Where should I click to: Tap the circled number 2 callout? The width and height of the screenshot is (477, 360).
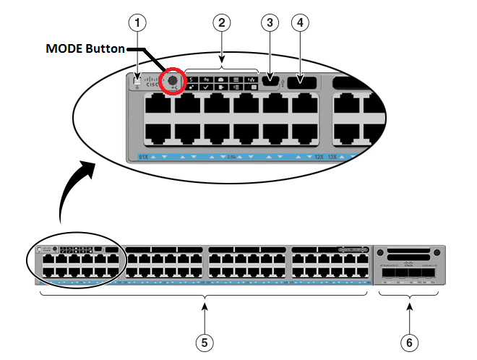(223, 22)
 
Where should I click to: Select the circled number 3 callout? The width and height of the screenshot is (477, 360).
(270, 22)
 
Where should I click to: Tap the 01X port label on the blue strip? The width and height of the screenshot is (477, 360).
(143, 156)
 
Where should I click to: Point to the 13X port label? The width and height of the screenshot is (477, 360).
(333, 156)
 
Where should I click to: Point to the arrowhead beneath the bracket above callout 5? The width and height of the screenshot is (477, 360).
(206, 308)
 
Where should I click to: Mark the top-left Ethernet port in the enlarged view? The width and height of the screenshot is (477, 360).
(158, 107)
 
